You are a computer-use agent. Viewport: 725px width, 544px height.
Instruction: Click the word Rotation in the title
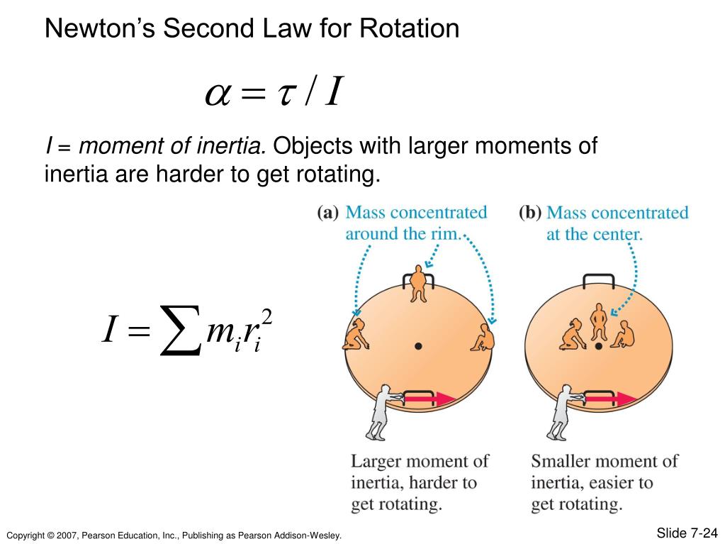[x=410, y=28]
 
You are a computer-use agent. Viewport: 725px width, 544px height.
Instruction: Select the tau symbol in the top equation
[x=285, y=94]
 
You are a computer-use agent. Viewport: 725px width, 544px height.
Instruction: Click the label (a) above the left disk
[x=327, y=213]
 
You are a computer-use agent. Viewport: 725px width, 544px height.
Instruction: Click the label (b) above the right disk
[x=529, y=213]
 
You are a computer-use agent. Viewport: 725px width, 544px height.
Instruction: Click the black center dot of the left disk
[x=419, y=346]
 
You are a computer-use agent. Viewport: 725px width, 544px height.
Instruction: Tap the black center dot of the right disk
[x=599, y=346]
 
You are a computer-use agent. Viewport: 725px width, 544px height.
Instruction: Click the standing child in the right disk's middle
[x=599, y=322]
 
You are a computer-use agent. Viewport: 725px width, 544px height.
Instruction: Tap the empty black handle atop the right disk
[x=599, y=279]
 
